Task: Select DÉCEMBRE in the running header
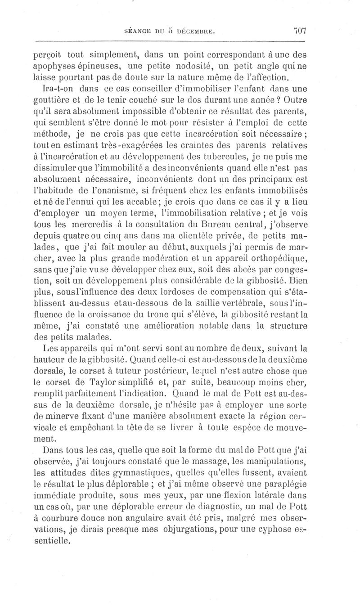point(197,31)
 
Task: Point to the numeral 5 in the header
point(171,31)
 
